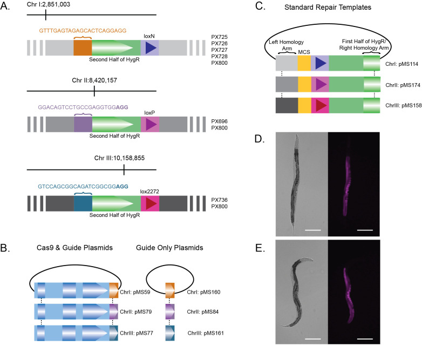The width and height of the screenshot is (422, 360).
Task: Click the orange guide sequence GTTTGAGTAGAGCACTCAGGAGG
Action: pos(83,31)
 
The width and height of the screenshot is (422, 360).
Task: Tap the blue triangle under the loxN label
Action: pos(151,48)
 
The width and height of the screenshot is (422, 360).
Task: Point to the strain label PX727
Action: pos(219,50)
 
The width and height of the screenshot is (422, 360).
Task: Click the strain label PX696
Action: pos(219,121)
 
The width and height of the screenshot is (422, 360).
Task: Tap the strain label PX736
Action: pos(219,200)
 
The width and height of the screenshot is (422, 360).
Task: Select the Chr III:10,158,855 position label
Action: pos(119,158)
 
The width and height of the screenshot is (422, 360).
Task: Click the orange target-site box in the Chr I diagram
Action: pos(83,48)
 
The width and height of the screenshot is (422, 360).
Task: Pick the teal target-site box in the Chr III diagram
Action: pos(83,203)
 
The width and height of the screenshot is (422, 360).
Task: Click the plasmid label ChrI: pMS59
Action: pos(135,292)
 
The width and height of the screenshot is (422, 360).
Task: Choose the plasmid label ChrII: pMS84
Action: pos(203,312)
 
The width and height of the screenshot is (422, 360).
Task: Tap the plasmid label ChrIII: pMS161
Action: pos(206,333)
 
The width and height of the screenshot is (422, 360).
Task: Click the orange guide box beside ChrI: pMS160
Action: pos(170,290)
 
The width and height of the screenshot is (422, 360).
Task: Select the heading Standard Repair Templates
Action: pos(328,7)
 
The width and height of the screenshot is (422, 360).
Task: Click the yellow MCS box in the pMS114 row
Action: pos(304,63)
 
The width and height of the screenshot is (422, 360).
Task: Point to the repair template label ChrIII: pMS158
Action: pos(404,106)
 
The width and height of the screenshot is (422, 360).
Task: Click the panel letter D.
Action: pos(260,139)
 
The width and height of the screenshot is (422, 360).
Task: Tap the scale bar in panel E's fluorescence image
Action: pos(365,339)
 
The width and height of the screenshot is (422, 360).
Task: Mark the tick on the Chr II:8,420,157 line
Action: pos(94,91)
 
